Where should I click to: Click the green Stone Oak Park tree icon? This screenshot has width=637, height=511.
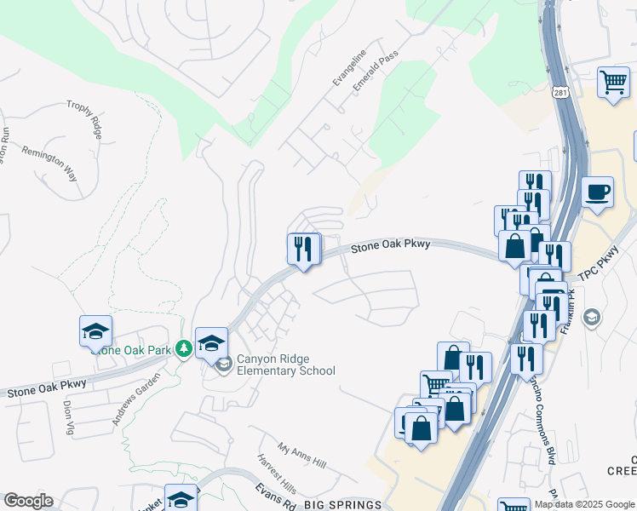coord(183,348)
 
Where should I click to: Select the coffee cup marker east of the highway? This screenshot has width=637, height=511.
coord(598,192)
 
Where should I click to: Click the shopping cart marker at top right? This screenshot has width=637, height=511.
coord(613,83)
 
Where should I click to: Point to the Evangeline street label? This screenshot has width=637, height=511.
coord(349,67)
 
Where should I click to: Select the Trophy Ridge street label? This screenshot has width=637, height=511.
coord(85,118)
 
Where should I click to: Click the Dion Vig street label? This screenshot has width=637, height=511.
coord(68,417)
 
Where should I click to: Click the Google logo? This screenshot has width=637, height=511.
coord(27,501)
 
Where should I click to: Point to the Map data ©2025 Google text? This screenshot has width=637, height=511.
coord(583,504)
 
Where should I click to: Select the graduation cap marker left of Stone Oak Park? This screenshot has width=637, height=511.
coord(96,330)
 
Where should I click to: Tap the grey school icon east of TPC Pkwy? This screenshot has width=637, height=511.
coord(590,319)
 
